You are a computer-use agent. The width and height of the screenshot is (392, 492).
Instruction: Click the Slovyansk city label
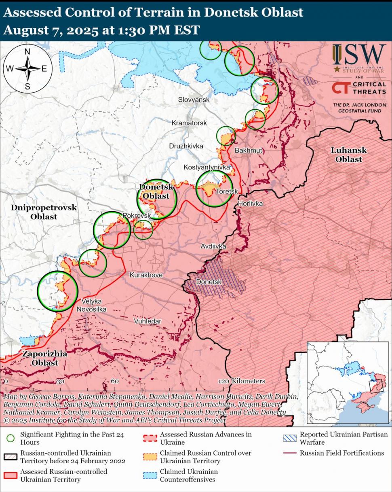click(x=194, y=100)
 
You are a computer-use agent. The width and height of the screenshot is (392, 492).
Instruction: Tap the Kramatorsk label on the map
click(x=189, y=123)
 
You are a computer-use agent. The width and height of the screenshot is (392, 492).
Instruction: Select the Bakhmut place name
click(x=249, y=151)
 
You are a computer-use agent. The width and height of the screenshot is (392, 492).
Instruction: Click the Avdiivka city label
click(x=213, y=246)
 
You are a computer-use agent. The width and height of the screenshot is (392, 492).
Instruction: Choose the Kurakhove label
click(x=146, y=275)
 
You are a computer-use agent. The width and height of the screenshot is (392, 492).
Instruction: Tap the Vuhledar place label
click(x=148, y=321)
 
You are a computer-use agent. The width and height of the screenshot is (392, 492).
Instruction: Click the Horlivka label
click(x=250, y=204)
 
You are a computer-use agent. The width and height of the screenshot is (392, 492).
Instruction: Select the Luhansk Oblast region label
click(x=348, y=155)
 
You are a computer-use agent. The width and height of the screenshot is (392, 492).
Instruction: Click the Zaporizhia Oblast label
click(x=44, y=358)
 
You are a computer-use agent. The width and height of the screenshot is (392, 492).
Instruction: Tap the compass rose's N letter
click(x=27, y=51)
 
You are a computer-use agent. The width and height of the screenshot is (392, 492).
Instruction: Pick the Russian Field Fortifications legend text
click(x=342, y=453)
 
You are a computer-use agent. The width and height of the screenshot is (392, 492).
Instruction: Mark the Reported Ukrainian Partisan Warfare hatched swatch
click(x=289, y=438)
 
